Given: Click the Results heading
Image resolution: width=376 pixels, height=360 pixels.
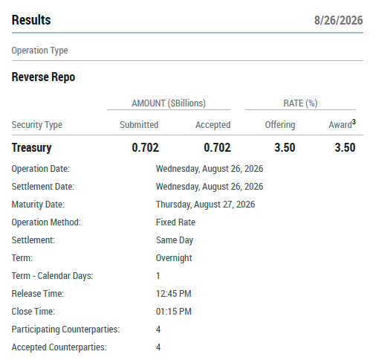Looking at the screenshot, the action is pos(31,20).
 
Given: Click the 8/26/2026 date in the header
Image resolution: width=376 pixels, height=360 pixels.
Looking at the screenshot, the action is pos(338,20).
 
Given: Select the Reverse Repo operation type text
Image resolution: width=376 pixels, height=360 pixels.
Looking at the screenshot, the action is pos(43,77).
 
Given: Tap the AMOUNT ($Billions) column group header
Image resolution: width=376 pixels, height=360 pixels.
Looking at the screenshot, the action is pos(169,103).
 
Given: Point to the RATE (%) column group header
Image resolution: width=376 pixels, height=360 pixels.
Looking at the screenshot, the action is pos(300,103).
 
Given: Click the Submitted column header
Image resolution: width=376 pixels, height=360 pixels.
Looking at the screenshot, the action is pos(139,124).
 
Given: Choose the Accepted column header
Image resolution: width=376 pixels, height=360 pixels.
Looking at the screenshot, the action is pos(213,125).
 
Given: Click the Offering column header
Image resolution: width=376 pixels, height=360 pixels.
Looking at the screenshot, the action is pos(280,125).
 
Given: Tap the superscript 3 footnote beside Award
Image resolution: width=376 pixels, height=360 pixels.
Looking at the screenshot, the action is pos(354,122).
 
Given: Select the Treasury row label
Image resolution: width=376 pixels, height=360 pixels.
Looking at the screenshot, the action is pos(32,148).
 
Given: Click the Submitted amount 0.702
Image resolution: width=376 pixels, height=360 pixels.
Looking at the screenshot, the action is pos(146,147).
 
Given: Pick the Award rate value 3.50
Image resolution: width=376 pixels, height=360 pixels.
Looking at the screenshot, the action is pos(345,147).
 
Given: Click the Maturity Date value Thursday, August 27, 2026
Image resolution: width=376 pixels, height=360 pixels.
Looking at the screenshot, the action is pos(205,205).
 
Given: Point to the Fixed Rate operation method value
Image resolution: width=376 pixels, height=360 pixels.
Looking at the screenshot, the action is pos(175,222).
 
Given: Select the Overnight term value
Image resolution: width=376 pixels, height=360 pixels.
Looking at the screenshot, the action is pos(174,258).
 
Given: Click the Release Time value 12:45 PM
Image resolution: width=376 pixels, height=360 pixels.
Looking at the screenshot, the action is pos(174,294).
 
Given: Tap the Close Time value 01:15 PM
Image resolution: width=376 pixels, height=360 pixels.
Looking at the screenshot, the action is pos(174,312).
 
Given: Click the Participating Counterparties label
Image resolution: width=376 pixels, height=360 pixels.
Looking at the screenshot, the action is pos(65,330).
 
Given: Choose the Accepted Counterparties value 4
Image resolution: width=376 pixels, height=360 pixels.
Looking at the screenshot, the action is pos(158,347).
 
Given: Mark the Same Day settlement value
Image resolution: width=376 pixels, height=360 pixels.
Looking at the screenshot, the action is pos(175,240).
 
